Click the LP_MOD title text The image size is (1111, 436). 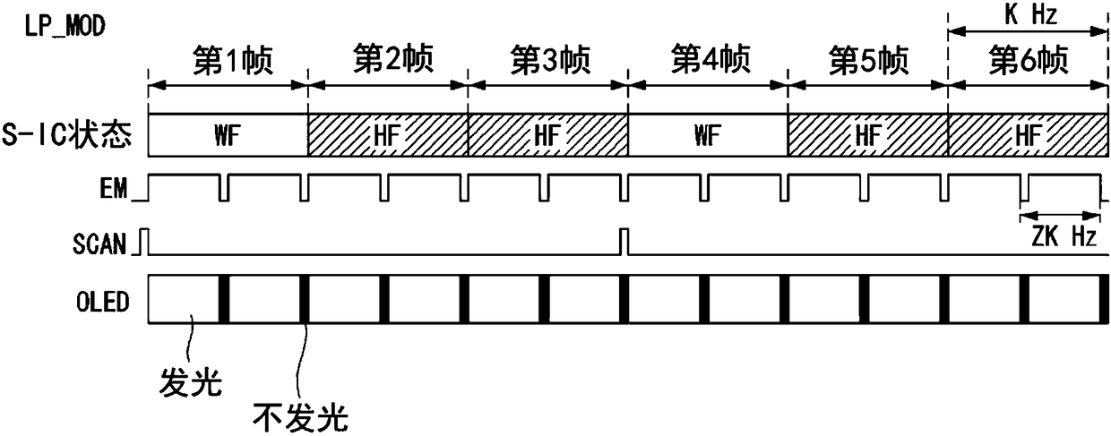(65, 25)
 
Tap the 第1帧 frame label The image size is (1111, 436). (233, 61)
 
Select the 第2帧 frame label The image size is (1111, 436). (392, 58)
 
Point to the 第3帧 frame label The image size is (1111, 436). (550, 61)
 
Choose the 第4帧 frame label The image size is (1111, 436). (711, 58)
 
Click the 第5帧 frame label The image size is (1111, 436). (869, 61)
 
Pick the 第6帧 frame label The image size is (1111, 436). (1029, 61)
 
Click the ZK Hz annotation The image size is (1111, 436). (1064, 235)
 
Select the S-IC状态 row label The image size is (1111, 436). (67, 133)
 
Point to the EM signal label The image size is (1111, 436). (114, 188)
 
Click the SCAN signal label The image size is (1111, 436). (99, 244)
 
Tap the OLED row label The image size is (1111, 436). (103, 301)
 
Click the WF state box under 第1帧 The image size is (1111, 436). (228, 135)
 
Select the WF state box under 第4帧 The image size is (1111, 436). (708, 135)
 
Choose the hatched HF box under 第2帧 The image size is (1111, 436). (388, 135)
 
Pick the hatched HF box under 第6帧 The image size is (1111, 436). (1029, 135)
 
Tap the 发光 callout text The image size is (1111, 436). (191, 382)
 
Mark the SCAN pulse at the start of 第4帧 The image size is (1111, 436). (624, 242)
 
